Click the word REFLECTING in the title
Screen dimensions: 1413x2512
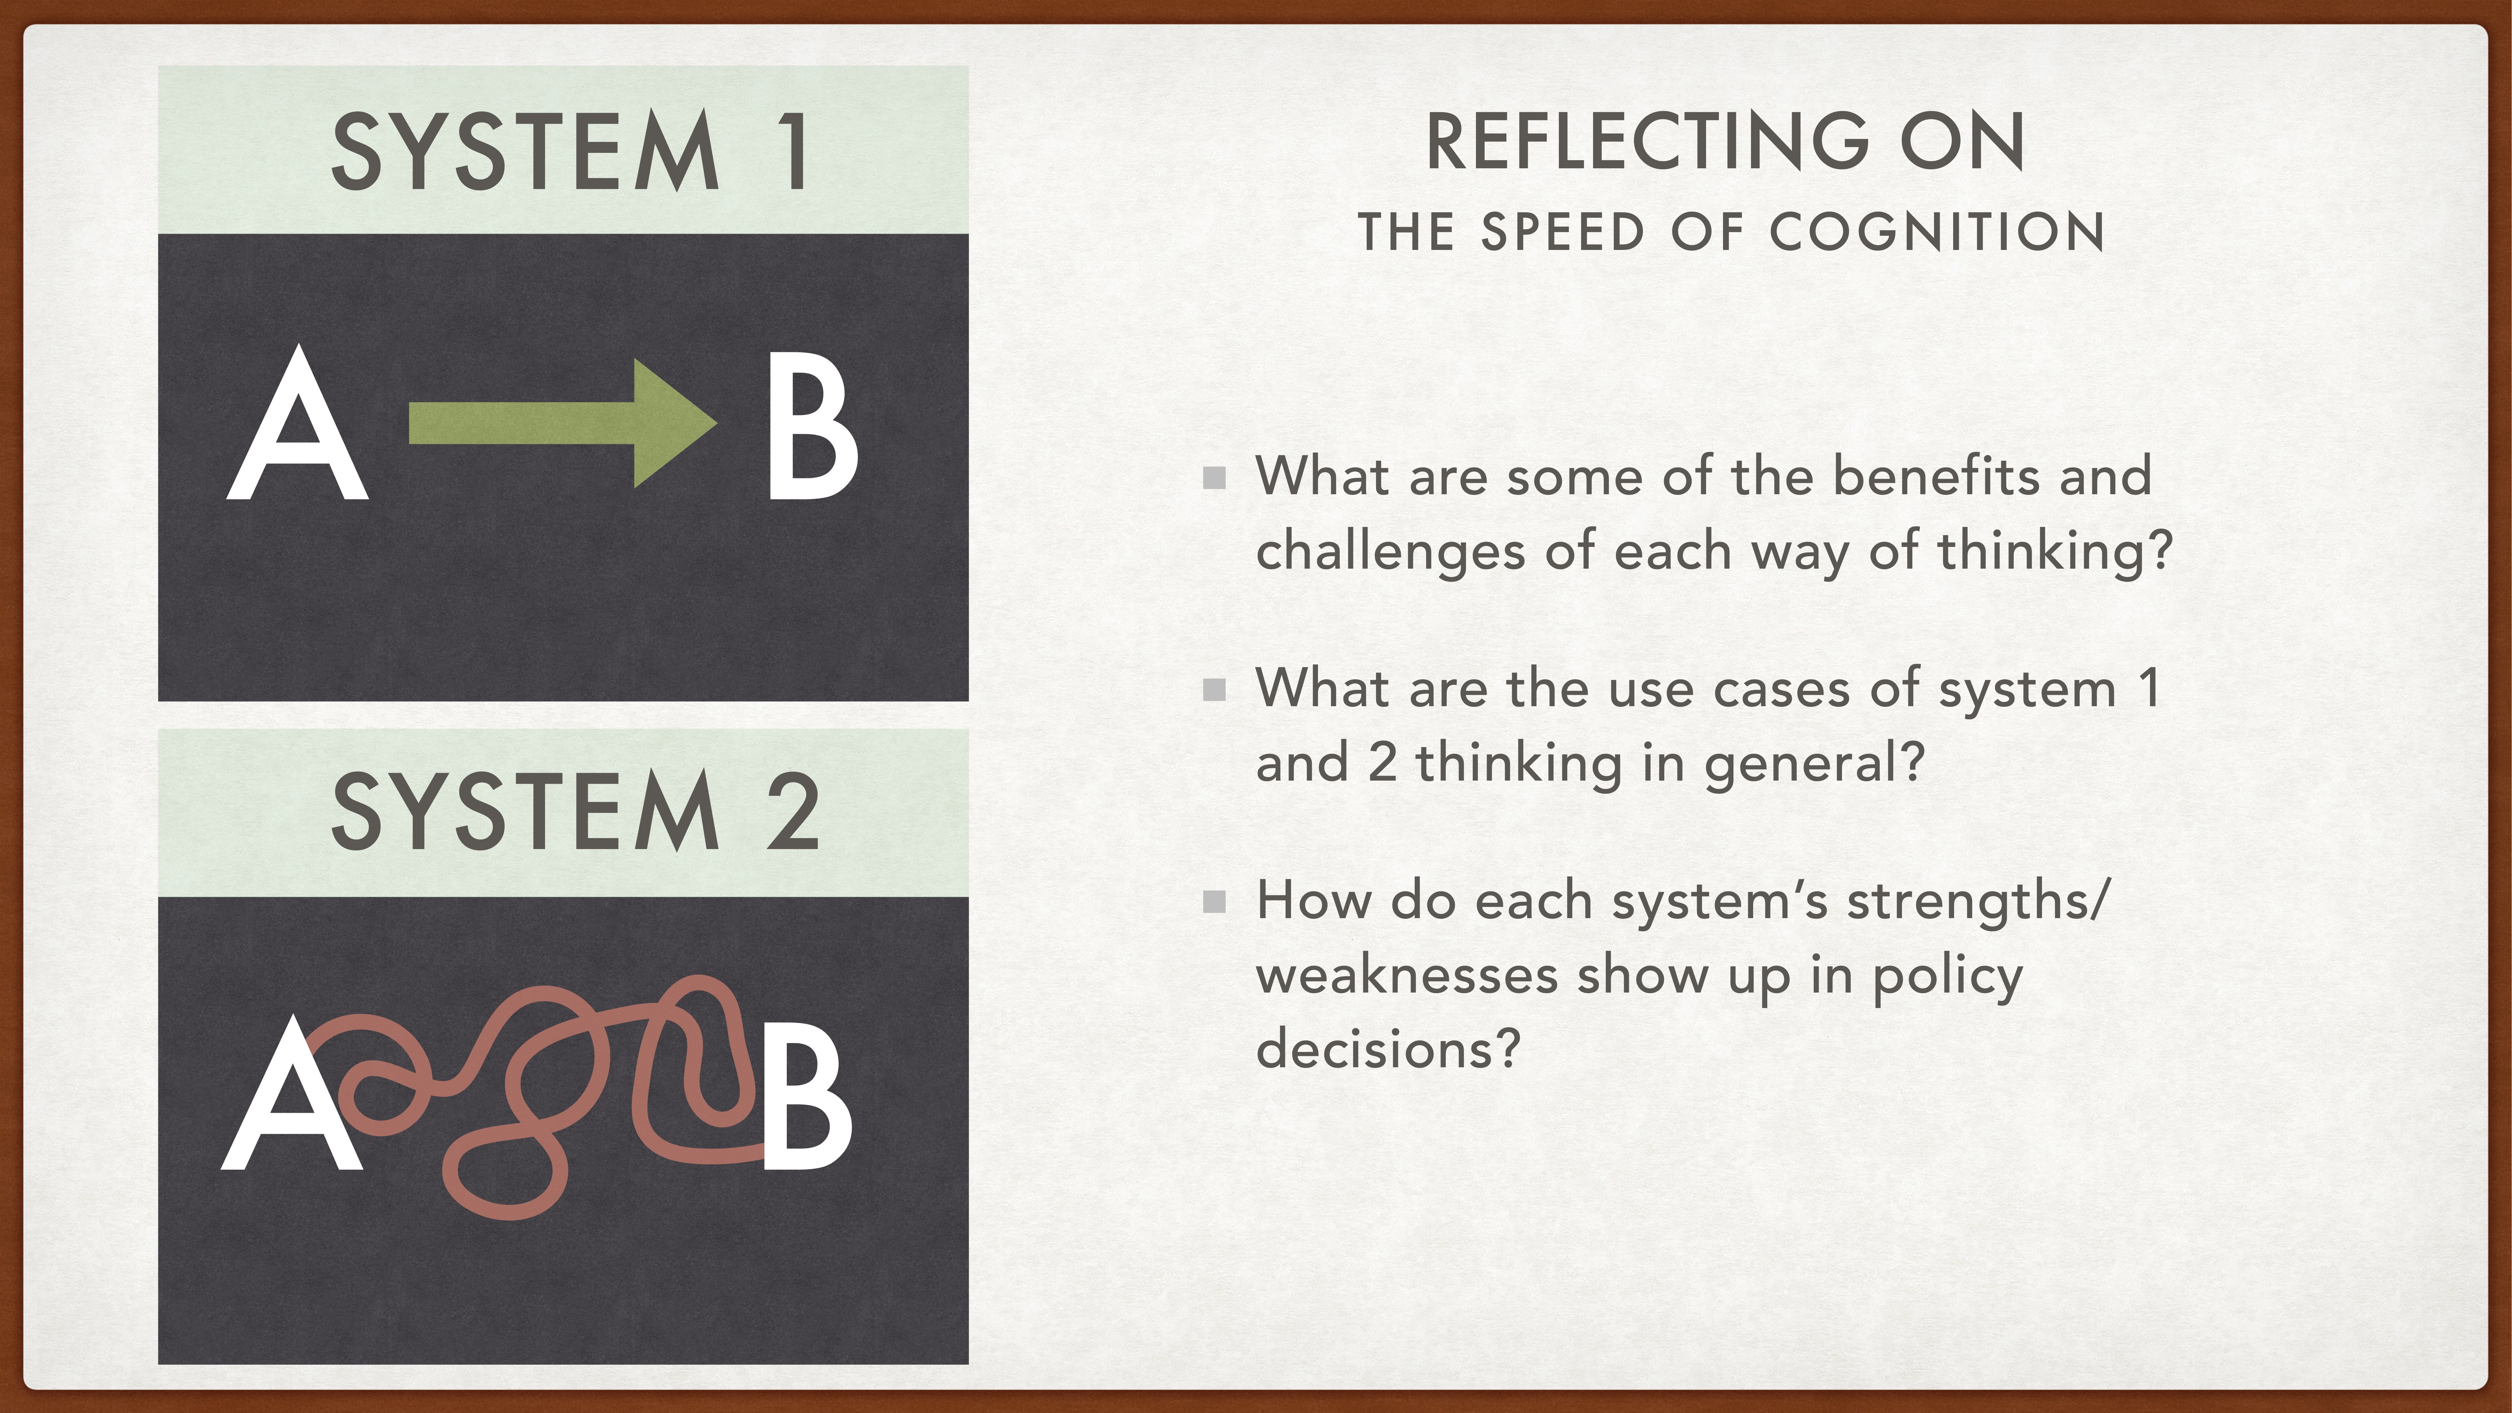(x=1648, y=142)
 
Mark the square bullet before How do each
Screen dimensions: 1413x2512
(x=1214, y=901)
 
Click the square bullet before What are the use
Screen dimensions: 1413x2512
(x=1214, y=690)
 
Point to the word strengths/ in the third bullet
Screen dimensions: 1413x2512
(x=1978, y=901)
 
